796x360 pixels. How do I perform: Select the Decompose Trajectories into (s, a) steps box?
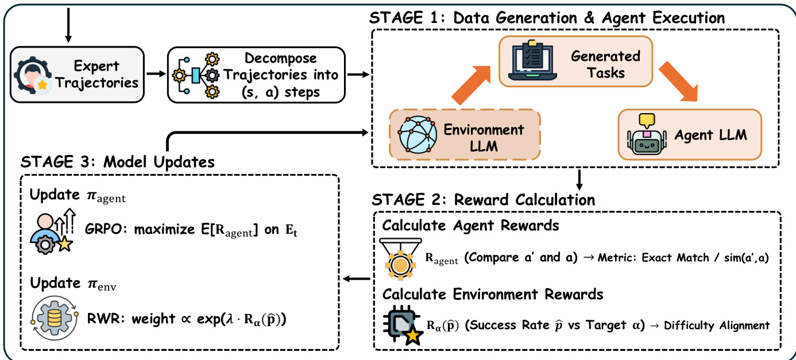[x=256, y=75]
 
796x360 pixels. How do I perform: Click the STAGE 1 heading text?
[x=548, y=18]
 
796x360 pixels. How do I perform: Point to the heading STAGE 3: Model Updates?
[x=118, y=162]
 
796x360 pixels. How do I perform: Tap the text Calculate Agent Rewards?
[x=470, y=226]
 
